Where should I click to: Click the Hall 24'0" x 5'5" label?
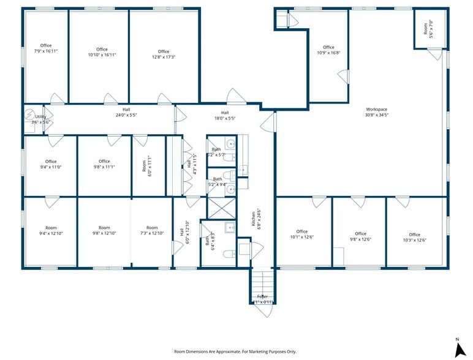(x=126, y=112)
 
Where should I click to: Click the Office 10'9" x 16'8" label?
(x=328, y=50)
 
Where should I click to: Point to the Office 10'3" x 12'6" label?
(x=415, y=238)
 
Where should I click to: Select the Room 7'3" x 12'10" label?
(x=151, y=230)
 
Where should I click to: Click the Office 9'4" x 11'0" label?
(x=50, y=164)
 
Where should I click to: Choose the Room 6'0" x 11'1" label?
(x=147, y=167)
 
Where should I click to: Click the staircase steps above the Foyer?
(x=262, y=282)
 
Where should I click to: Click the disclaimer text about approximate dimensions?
(x=235, y=351)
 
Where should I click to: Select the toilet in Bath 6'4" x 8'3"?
(x=228, y=254)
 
